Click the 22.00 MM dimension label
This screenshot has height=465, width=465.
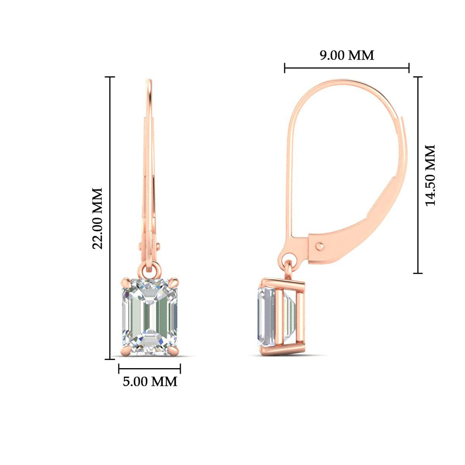(x=98, y=218)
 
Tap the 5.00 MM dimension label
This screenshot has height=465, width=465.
(x=150, y=381)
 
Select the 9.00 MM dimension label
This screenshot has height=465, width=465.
(x=347, y=55)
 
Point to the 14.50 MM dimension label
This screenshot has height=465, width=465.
(x=430, y=175)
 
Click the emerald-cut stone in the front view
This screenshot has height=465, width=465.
(x=149, y=317)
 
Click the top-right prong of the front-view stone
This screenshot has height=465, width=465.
(x=174, y=282)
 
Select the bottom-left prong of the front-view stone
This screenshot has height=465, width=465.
(x=124, y=352)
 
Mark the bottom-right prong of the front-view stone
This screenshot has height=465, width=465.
(x=174, y=352)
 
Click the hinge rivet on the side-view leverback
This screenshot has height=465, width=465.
(x=319, y=246)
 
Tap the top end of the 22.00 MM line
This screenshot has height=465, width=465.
(x=111, y=77)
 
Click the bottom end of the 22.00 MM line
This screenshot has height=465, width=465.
(x=111, y=359)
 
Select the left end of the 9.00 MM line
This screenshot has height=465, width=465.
(x=285, y=68)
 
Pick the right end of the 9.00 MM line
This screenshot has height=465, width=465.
(x=409, y=68)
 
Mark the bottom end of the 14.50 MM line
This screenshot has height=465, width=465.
(x=417, y=273)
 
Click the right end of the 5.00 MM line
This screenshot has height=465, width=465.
(x=180, y=369)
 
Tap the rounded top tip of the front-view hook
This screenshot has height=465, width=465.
(x=149, y=81)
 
